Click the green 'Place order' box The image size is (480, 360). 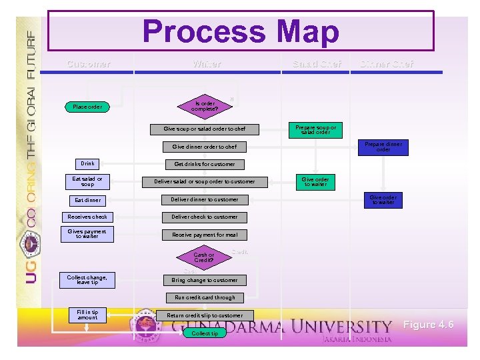(87, 107)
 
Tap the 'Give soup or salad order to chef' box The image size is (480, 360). (204, 129)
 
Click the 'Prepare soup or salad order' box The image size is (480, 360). (315, 129)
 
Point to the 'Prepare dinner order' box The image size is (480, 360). (383, 147)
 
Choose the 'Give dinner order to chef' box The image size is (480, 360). (204, 147)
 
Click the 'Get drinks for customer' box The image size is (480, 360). (204, 164)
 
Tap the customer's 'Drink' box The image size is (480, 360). (87, 163)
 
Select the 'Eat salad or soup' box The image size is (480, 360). (87, 181)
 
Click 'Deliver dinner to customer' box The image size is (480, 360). (204, 199)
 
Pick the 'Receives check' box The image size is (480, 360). (87, 217)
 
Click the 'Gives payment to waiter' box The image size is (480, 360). (87, 234)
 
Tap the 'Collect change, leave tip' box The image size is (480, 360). (87, 280)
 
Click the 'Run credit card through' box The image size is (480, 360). (204, 298)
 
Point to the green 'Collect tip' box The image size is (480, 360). (204, 333)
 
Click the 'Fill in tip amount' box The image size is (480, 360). (87, 315)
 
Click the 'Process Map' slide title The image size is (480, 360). (241, 31)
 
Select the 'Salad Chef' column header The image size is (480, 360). (317, 64)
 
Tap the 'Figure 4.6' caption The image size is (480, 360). (428, 325)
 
